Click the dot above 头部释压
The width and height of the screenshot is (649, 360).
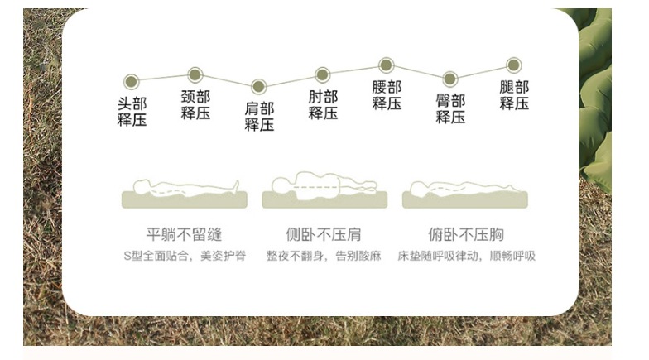(131, 81)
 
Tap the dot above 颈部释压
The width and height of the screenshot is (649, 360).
(195, 74)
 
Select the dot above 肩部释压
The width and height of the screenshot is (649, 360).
(258, 86)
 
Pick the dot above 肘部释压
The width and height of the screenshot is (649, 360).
(323, 74)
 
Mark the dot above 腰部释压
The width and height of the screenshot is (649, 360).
(386, 65)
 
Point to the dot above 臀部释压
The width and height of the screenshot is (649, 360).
(449, 79)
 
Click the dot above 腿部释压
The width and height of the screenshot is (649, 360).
(513, 65)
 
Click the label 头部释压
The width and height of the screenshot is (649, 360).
(132, 112)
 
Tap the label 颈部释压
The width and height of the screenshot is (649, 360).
(195, 105)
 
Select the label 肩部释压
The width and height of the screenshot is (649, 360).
(259, 117)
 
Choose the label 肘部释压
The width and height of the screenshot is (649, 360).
(323, 105)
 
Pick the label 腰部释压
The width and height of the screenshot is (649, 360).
(387, 95)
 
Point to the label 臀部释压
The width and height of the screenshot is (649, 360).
(450, 109)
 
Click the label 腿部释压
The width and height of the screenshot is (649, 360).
(514, 95)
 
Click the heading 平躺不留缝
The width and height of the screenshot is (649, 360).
(184, 234)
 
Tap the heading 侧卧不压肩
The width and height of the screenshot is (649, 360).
(323, 234)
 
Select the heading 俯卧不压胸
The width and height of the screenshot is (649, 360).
(466, 234)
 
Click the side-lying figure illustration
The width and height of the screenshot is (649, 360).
(324, 190)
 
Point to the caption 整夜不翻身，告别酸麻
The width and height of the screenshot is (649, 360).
(324, 256)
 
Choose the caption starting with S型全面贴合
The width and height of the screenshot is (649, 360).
(184, 256)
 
